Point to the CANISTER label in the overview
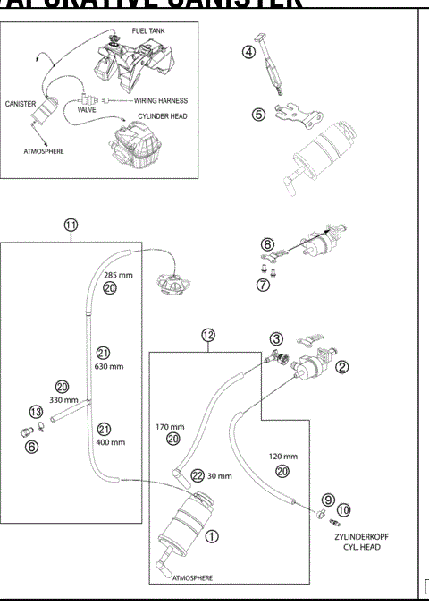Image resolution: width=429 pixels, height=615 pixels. [21, 104]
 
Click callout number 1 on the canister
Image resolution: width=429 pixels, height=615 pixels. [211, 537]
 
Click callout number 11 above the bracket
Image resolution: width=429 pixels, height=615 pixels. [71, 226]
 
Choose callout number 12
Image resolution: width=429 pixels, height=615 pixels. [207, 335]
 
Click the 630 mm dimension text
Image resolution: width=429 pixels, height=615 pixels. [108, 365]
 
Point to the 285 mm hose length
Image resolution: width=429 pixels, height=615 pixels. [118, 275]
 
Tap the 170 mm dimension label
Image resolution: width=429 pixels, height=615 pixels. [169, 426]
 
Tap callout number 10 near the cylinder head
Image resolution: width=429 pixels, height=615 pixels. [344, 509]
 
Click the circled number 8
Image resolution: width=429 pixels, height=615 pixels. [266, 243]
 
